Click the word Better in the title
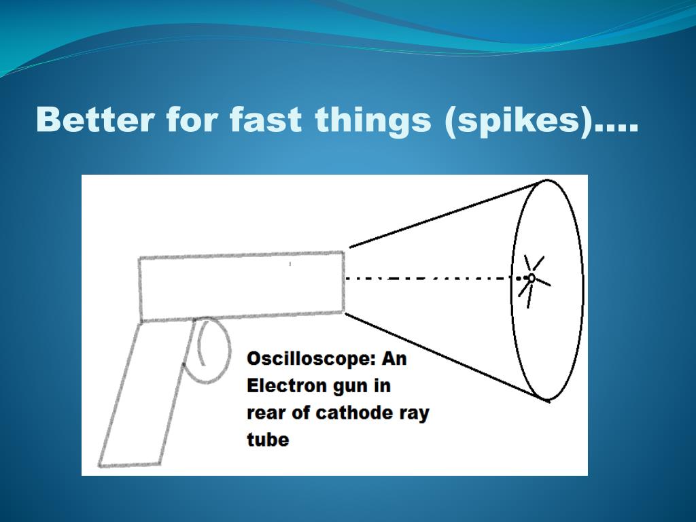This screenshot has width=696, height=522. click(95, 120)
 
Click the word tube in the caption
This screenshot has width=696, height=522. click(268, 440)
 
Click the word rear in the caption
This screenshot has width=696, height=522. click(265, 414)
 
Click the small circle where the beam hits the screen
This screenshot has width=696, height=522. click(531, 278)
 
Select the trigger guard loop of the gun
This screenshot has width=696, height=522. click(229, 351)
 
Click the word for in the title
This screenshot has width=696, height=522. click(192, 120)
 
